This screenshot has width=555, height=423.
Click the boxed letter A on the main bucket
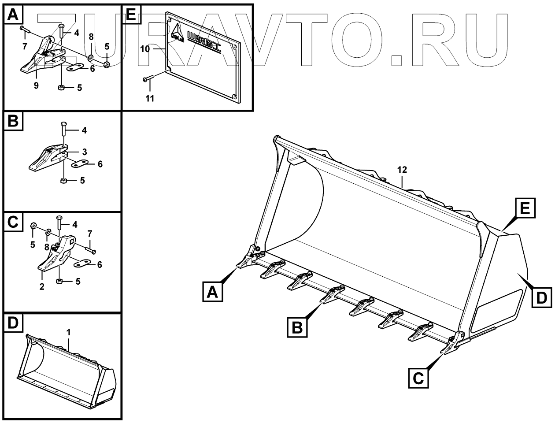213,292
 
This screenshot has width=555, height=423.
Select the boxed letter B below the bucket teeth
298,327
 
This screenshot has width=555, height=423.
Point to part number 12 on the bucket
402,170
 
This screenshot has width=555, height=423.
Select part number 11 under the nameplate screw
150,99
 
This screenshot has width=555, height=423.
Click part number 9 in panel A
36,85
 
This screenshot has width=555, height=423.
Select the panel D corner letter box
13,323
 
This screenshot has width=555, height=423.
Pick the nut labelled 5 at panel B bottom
64,181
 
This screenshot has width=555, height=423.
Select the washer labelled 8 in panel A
90,57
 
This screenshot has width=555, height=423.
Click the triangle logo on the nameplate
177,33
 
